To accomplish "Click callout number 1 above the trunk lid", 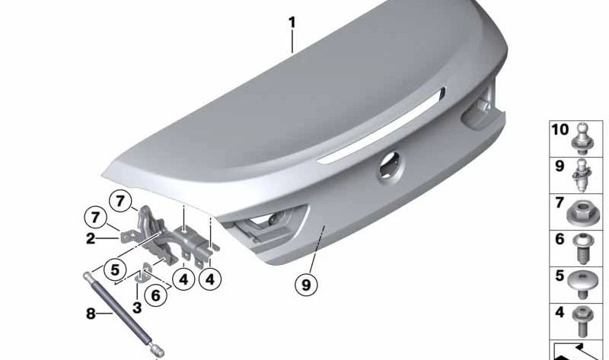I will coord(292,23).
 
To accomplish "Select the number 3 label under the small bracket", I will coord(136,307).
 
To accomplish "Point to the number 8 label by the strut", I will coord(91,313).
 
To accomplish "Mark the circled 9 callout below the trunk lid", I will coord(305,285).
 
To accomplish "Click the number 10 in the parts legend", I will coord(560,130).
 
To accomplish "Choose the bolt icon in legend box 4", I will coord(582,319).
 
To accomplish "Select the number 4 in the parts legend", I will coord(559,312).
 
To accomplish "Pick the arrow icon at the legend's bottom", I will coord(579,350).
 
